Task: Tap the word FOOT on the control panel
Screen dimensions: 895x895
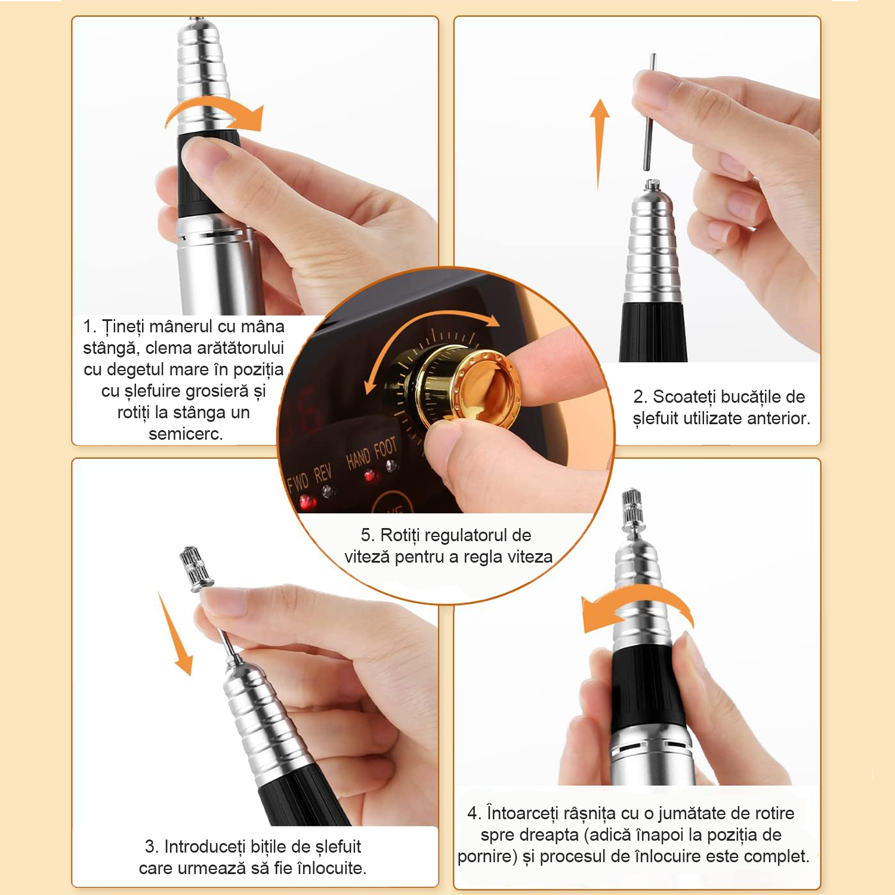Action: (x=385, y=447)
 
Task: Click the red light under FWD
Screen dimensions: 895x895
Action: (x=308, y=502)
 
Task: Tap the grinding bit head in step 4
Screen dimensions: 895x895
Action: (x=632, y=507)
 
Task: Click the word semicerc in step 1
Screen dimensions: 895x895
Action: (x=185, y=434)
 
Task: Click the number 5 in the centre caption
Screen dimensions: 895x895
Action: (x=366, y=535)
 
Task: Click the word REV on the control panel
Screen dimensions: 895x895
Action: (x=322, y=473)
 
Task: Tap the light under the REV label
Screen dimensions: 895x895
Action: (x=328, y=492)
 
